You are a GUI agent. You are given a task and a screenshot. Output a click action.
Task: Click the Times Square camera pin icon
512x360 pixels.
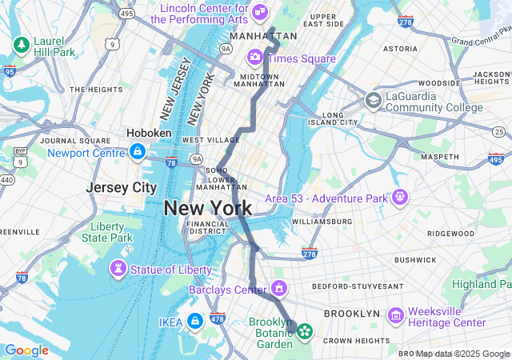coord(255,57)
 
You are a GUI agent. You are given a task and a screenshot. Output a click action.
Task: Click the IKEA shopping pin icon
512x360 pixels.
coord(194,322)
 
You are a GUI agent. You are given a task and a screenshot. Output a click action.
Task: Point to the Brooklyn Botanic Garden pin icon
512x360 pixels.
coord(305,330)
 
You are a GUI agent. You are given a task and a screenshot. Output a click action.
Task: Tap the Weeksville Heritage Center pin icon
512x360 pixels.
coord(395,316)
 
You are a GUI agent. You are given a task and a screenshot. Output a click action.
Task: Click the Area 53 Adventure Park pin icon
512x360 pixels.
coord(399,197)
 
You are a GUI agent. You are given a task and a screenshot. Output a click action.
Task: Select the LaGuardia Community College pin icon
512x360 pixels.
coord(373,101)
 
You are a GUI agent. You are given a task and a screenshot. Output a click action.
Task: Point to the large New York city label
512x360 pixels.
coord(208,209)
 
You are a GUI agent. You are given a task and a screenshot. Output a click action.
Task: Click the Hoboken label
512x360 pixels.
coord(149,134)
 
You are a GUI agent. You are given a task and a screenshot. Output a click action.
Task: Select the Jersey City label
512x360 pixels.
coord(122,187)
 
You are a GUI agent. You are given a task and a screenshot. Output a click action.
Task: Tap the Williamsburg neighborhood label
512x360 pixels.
coord(322,221)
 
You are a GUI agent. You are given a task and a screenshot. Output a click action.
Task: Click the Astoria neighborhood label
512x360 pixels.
coord(400,49)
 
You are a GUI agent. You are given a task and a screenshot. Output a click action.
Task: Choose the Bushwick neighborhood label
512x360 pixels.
coord(415,259)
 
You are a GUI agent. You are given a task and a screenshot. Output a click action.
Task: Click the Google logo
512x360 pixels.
coord(26,350)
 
